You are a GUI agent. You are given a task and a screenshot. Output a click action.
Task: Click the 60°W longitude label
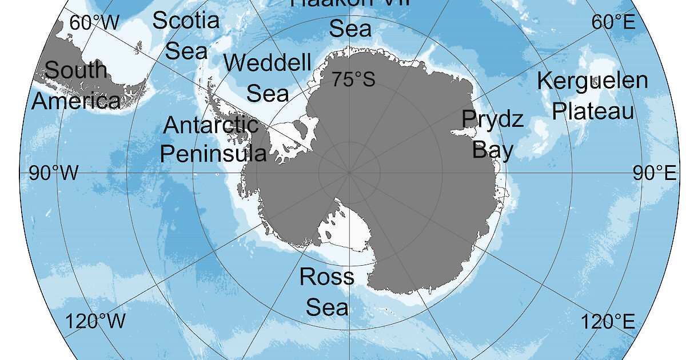94,22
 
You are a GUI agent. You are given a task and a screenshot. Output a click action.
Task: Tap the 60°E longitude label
613,22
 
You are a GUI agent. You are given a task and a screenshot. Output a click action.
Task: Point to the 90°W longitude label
54,173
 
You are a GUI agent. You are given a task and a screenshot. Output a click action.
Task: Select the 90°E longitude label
655,173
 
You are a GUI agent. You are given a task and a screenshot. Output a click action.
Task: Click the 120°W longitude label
95,321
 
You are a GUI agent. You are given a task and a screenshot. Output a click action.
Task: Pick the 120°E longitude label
609,321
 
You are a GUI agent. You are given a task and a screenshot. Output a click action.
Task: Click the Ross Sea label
327,292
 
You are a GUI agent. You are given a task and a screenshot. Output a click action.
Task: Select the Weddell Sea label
268,77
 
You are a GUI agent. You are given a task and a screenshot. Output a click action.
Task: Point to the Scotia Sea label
186,35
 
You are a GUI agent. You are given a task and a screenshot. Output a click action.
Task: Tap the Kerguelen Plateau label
593,95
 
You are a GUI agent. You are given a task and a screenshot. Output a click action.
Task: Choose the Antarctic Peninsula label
213,139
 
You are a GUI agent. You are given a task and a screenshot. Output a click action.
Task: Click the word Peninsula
213,153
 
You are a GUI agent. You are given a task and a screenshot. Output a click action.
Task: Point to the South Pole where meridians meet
349,171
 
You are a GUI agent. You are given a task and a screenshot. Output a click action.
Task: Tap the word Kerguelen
593,81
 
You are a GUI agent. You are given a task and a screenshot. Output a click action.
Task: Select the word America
76,101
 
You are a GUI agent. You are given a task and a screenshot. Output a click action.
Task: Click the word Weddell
268,62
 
